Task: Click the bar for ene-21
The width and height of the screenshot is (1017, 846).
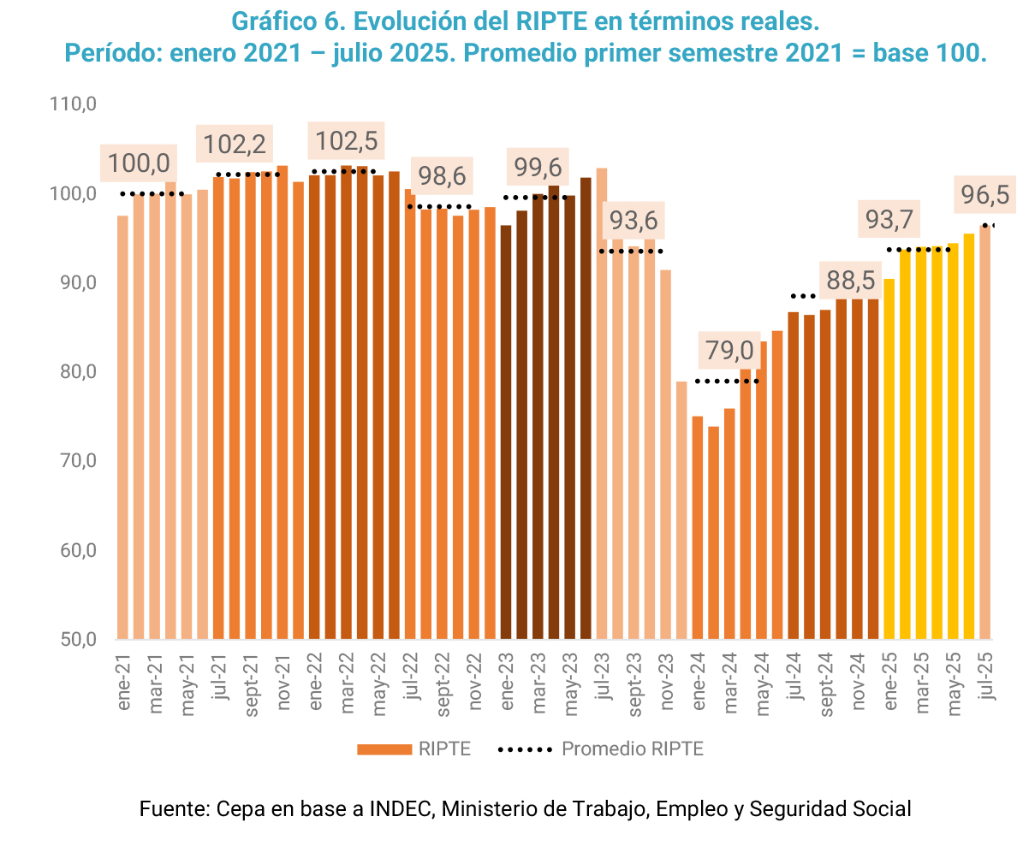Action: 122,427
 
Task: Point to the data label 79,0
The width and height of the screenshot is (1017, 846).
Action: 729,351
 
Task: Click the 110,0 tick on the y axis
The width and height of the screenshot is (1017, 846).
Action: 74,104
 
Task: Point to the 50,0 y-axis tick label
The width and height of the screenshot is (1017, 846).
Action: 74,639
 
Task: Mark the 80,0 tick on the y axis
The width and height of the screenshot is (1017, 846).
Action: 74,372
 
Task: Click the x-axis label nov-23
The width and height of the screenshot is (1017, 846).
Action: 667,681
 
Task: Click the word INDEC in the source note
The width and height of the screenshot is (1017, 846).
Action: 401,808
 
